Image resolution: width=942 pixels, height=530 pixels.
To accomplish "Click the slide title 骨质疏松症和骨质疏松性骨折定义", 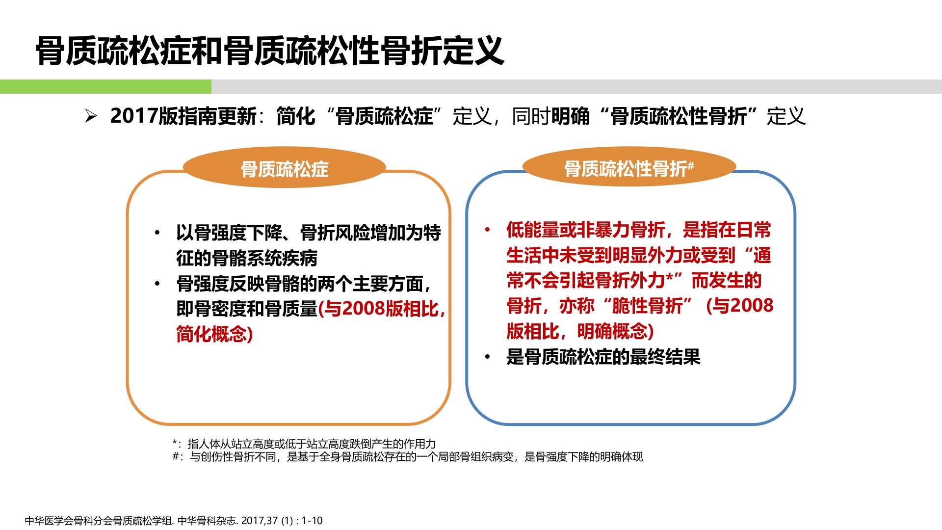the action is pyautogui.click(x=270, y=51).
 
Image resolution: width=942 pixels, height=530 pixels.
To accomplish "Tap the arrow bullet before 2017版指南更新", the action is pyautogui.click(x=91, y=116).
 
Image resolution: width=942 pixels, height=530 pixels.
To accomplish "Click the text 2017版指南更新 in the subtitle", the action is pyautogui.click(x=183, y=116).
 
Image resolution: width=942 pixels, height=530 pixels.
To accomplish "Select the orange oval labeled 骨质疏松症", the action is pyautogui.click(x=284, y=167).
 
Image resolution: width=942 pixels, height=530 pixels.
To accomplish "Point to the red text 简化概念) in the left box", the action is pyautogui.click(x=214, y=334).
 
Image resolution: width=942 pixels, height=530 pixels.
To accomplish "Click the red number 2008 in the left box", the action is pyautogui.click(x=363, y=309).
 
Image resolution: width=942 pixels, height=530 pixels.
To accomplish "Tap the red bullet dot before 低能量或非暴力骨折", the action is pyautogui.click(x=487, y=230).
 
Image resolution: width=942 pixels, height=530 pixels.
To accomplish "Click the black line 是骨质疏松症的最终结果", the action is pyautogui.click(x=603, y=357).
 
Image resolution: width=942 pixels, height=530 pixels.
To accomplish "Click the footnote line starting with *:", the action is pyautogui.click(x=304, y=444).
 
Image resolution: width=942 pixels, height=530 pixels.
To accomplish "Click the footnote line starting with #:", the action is pyautogui.click(x=408, y=457).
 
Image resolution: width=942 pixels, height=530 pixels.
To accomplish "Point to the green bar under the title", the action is pyautogui.click(x=105, y=86).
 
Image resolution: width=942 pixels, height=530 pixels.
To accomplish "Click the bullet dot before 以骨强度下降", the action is pyautogui.click(x=157, y=233).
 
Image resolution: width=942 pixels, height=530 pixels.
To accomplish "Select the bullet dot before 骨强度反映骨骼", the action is pyautogui.click(x=157, y=284).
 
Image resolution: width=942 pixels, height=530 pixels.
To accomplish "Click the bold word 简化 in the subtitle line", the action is pyautogui.click(x=296, y=116).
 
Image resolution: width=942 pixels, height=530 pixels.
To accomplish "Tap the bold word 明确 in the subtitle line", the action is pyautogui.click(x=571, y=116).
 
